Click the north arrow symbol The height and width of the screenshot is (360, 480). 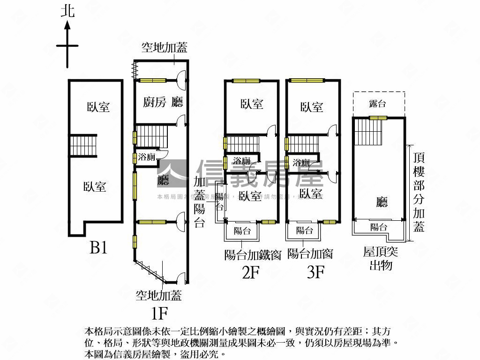pyautogui.click(x=67, y=45)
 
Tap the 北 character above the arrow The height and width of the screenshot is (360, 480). pyautogui.click(x=68, y=11)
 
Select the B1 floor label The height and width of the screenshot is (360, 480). pyautogui.click(x=98, y=247)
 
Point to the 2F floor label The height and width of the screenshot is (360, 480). pyautogui.click(x=251, y=272)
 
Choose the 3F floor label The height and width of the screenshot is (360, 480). pyautogui.click(x=316, y=272)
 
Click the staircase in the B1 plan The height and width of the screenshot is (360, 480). pyautogui.click(x=83, y=145)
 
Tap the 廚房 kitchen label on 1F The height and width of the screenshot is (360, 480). pyautogui.click(x=155, y=102)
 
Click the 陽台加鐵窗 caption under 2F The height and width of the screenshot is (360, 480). pyautogui.click(x=253, y=255)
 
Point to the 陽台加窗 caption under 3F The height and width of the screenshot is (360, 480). pyautogui.click(x=310, y=254)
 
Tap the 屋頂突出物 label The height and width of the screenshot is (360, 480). pyautogui.click(x=381, y=259)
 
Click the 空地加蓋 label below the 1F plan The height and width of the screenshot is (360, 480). pyautogui.click(x=158, y=295)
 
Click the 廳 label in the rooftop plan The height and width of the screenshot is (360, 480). pyautogui.click(x=382, y=202)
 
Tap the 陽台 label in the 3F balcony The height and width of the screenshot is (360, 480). pyautogui.click(x=305, y=230)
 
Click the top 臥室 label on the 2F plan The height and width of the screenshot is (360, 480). pyautogui.click(x=252, y=104)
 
